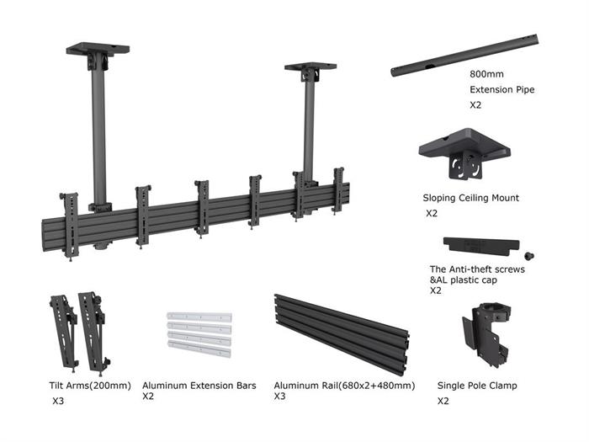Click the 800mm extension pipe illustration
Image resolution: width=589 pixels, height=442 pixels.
click(x=464, y=56)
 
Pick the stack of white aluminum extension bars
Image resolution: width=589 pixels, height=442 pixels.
click(x=199, y=334)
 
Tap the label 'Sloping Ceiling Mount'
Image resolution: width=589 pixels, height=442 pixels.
click(x=470, y=198)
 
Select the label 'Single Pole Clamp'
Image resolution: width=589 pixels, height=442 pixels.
click(x=477, y=386)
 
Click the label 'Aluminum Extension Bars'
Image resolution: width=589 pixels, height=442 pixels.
click(x=199, y=386)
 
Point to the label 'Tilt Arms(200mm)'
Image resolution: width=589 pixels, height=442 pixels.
click(x=90, y=386)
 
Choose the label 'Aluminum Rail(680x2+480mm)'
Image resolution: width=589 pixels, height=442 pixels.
click(x=344, y=386)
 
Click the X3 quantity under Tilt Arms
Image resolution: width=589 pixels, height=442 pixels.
click(x=57, y=401)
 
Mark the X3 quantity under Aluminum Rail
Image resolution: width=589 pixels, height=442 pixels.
click(x=280, y=396)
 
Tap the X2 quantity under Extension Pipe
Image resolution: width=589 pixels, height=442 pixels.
click(x=475, y=105)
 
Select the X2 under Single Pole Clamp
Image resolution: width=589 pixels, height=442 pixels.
click(x=443, y=402)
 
